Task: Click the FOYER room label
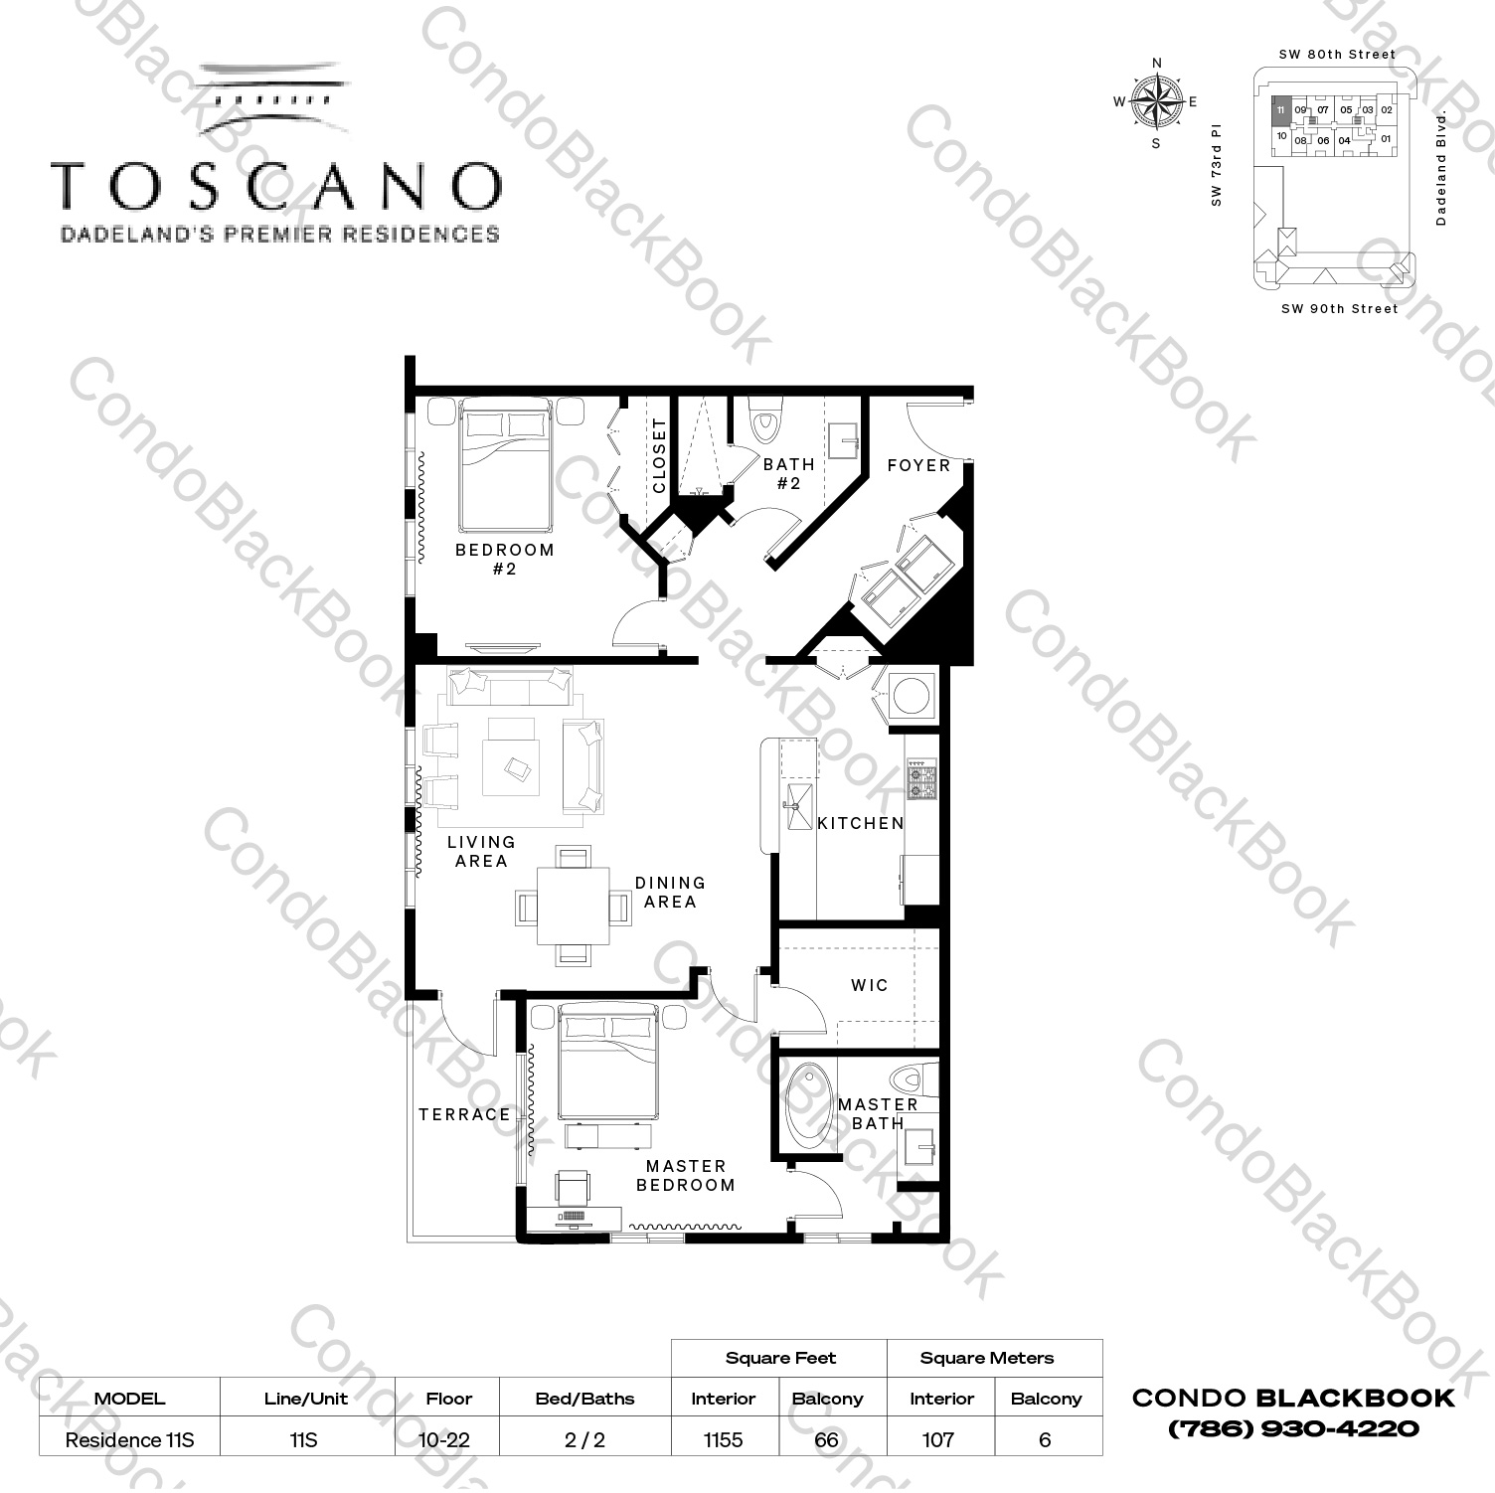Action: (x=918, y=465)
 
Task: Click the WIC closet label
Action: (x=870, y=985)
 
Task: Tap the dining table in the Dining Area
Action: (x=573, y=906)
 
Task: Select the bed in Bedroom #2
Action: (x=504, y=469)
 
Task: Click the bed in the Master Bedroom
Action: (x=608, y=1064)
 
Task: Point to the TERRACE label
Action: (x=464, y=1114)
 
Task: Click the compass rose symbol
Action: (x=1156, y=101)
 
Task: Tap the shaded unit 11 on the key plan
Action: (x=1281, y=110)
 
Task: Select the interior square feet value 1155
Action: (x=723, y=1439)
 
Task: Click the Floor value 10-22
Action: (x=447, y=1439)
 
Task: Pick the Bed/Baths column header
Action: (x=584, y=1399)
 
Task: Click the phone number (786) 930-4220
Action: (x=1293, y=1429)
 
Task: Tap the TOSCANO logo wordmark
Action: (x=276, y=186)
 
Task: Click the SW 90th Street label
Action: (x=1339, y=309)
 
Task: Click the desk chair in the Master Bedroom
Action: (x=574, y=1187)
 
